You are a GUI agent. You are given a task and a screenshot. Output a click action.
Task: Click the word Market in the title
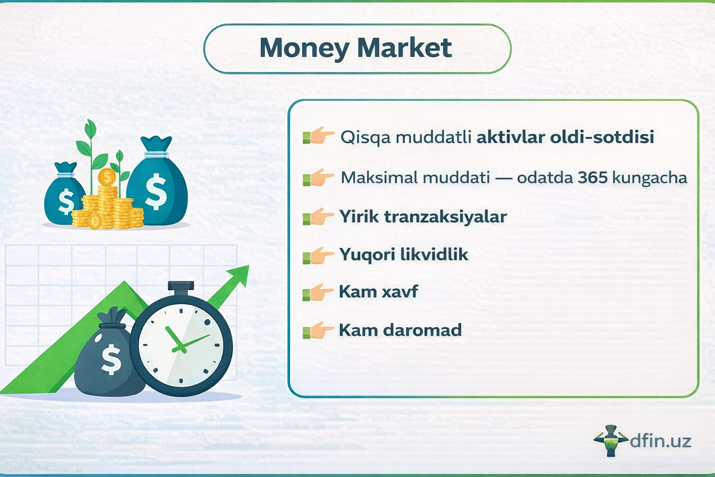pos(405,48)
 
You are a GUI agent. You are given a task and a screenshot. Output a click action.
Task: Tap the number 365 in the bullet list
pos(593,177)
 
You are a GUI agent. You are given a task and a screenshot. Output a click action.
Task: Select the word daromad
pos(422,330)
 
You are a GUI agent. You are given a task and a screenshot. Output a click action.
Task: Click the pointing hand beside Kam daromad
pos(319,330)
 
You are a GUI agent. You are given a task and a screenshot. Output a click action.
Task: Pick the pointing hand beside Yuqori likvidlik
pos(319,255)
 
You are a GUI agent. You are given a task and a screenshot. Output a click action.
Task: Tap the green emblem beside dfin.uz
pos(611,440)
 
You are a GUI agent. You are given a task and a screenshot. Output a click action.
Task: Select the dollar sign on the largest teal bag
pos(155,191)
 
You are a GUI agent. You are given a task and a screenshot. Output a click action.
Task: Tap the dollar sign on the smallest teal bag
pos(66,202)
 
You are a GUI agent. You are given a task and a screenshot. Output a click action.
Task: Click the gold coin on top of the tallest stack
pos(107,177)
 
